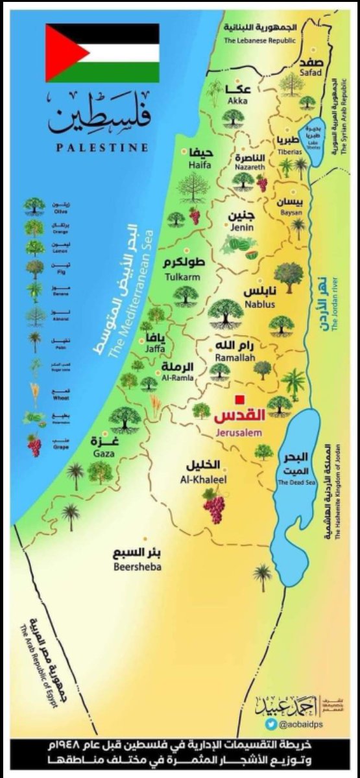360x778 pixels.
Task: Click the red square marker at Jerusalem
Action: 239,399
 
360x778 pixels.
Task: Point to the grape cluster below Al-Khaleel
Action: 213,506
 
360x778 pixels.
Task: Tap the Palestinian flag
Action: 102,53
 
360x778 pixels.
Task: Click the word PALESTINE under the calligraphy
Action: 102,147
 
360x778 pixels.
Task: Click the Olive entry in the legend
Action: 34,207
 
